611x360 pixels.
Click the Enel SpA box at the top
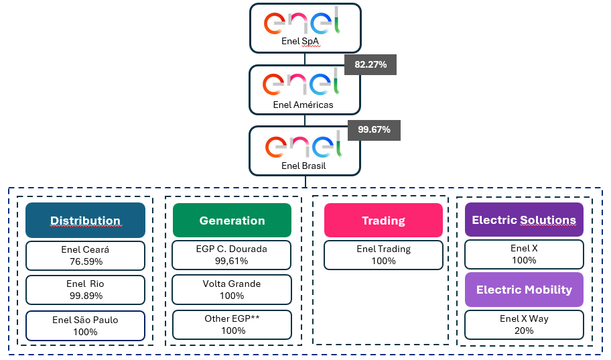(305, 27)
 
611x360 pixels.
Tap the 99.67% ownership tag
(374, 129)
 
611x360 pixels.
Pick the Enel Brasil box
(305, 151)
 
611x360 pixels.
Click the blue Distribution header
(85, 221)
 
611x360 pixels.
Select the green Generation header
(232, 221)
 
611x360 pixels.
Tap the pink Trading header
(383, 221)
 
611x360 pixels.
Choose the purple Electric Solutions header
(524, 220)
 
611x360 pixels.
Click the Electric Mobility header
(524, 290)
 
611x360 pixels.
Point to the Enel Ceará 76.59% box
(85, 255)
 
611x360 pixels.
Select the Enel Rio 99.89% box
(85, 290)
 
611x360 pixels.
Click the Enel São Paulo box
(85, 325)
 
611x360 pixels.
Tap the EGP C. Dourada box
(232, 255)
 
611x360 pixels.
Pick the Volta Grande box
(232, 290)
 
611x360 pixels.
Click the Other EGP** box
(232, 325)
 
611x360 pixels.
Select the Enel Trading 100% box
(383, 255)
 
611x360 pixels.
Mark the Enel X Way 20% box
(524, 324)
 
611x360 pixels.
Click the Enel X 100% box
(524, 254)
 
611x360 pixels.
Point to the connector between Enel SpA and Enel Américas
(305, 59)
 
